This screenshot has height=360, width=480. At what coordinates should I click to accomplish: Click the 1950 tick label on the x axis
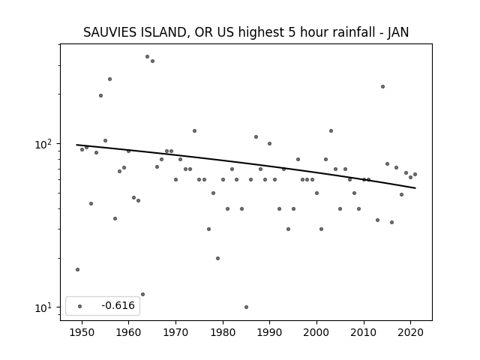[x=82, y=332]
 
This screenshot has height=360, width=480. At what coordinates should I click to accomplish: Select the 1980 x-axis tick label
[x=223, y=332]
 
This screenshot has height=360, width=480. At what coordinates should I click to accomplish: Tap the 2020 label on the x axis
[x=411, y=332]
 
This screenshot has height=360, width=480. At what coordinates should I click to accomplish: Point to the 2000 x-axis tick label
[x=316, y=332]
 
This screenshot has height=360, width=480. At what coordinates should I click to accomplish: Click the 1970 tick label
[x=175, y=332]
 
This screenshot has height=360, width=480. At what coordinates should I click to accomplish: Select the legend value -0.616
[x=118, y=305]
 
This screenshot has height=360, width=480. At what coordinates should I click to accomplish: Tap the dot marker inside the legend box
[x=80, y=306]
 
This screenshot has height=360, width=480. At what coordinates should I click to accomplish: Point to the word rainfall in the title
[x=346, y=32]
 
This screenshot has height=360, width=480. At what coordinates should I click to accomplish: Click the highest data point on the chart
[x=147, y=57]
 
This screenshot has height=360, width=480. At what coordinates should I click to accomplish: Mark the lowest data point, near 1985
[x=247, y=307]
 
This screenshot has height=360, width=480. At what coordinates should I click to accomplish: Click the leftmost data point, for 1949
[x=77, y=270]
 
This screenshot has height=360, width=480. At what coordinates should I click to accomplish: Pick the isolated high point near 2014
[x=382, y=87]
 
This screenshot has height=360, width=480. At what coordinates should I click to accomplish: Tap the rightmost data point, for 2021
[x=415, y=175]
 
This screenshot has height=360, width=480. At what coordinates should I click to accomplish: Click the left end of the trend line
[x=76, y=145]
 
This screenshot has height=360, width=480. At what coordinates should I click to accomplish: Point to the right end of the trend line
[x=415, y=188]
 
